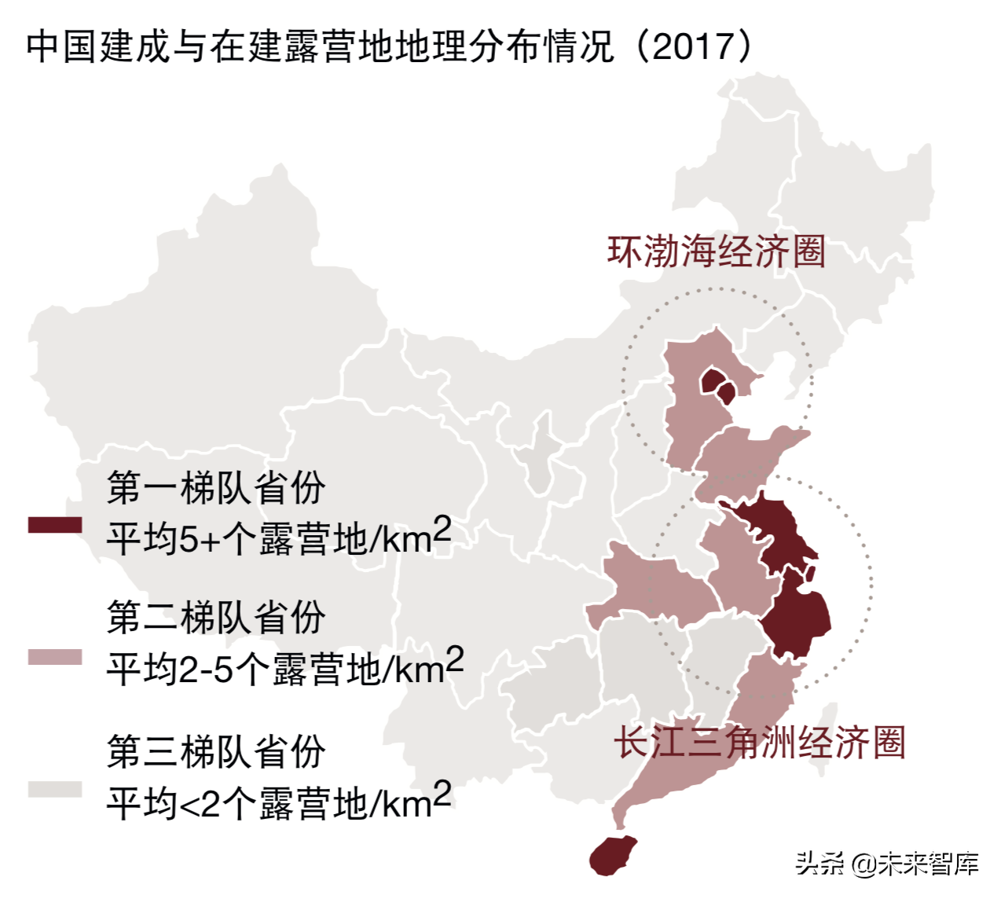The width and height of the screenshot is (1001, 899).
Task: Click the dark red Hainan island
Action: [x=614, y=855]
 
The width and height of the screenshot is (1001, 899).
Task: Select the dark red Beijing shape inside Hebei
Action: [x=712, y=381]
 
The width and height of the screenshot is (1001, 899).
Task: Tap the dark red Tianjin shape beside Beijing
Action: [x=728, y=393]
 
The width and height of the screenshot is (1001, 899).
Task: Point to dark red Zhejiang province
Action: [x=797, y=621]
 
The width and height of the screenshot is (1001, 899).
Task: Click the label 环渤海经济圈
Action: [x=716, y=252]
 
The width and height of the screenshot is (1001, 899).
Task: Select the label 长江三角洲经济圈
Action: [x=759, y=743]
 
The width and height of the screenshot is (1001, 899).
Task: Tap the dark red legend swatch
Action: [x=55, y=525]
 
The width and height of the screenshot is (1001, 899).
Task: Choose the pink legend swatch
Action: [x=55, y=657]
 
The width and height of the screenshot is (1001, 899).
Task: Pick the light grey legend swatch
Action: [x=55, y=789]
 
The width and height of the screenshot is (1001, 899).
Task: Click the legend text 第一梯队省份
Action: [x=216, y=488]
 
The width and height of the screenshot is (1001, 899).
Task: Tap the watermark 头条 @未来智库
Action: [x=887, y=864]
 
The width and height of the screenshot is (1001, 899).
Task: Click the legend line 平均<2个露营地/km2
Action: [x=279, y=802]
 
